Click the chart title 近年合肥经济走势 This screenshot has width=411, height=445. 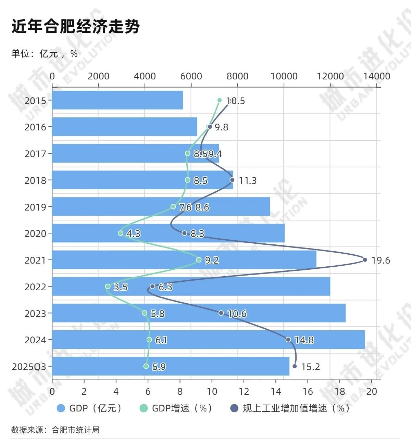76,26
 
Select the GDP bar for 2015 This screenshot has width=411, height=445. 117,100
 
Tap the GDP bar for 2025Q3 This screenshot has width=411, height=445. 171,366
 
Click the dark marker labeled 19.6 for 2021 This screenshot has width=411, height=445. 365,260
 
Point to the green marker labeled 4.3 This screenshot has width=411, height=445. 121,233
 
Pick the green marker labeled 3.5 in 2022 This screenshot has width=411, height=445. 108,287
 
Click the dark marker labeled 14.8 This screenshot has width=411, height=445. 288,340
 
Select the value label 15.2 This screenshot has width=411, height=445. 310,367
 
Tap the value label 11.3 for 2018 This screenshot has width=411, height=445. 247,180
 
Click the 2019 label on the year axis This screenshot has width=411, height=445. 35,207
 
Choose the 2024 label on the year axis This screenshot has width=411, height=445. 35,340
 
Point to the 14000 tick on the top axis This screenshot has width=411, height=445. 376,76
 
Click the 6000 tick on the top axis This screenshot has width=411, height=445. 191,76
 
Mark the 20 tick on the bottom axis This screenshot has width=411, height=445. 372,391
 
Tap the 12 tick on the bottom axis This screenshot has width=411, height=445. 244,391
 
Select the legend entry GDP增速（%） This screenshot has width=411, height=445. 176,408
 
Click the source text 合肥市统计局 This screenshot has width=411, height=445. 75,430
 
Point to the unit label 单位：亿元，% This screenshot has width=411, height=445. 45,54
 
